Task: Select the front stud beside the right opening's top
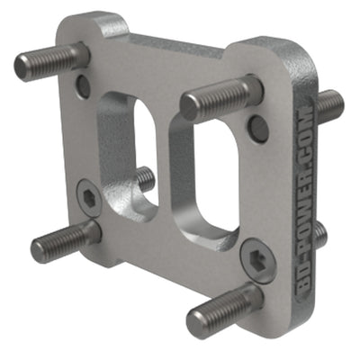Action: click(219, 100)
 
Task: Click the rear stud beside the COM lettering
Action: click(319, 235)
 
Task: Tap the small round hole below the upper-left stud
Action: click(83, 86)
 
